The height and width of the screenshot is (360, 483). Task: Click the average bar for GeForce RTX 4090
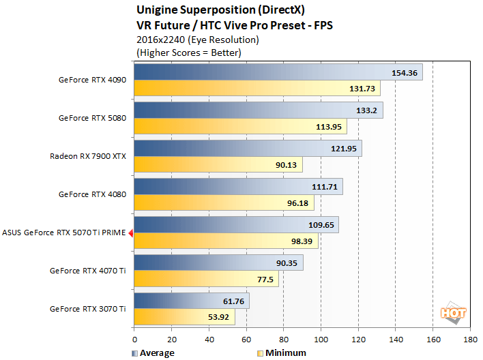(x=278, y=72)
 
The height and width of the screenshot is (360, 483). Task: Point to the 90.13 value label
(x=286, y=164)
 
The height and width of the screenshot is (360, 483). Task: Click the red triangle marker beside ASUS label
(x=130, y=232)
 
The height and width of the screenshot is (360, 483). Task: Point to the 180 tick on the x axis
(x=469, y=339)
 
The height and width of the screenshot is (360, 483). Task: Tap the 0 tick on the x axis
(x=134, y=339)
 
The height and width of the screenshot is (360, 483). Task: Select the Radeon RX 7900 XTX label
(x=88, y=156)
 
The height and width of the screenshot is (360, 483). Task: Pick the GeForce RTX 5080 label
(x=92, y=118)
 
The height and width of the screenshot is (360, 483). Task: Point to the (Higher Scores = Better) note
(x=190, y=52)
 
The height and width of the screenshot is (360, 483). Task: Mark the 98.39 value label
(x=302, y=241)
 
